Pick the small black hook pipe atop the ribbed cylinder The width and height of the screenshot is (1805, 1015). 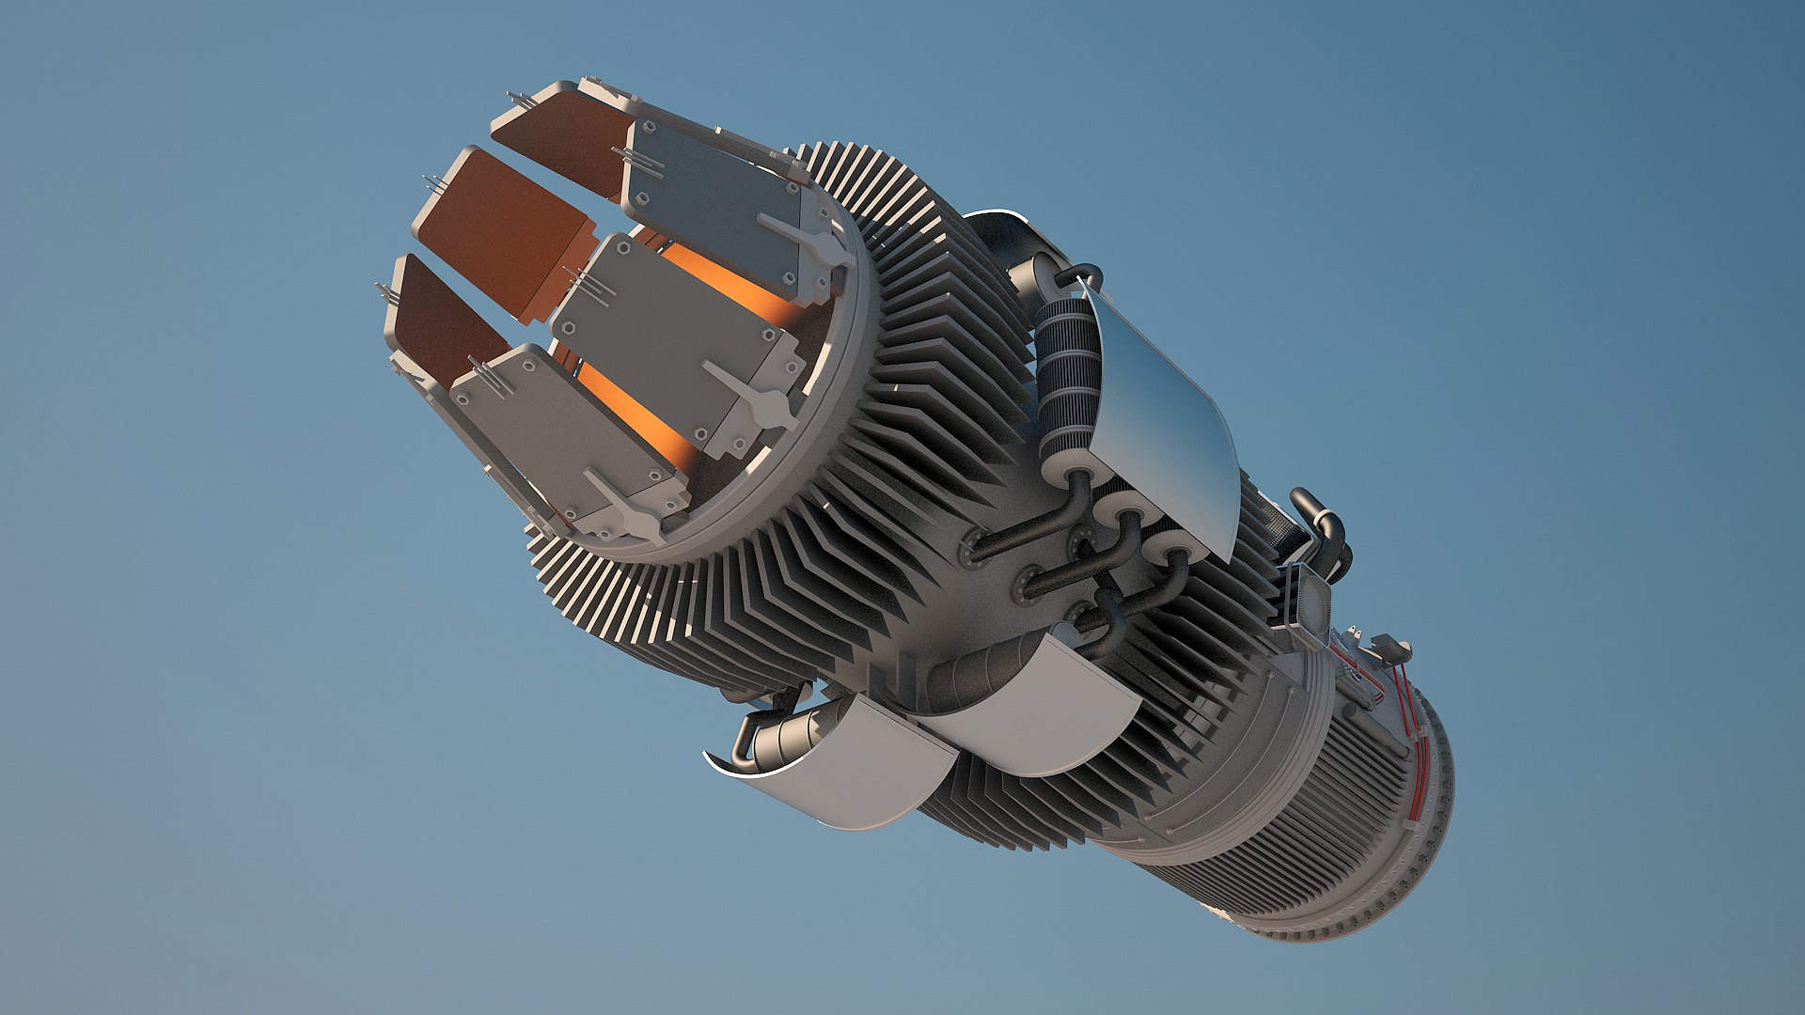click(x=1081, y=273)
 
